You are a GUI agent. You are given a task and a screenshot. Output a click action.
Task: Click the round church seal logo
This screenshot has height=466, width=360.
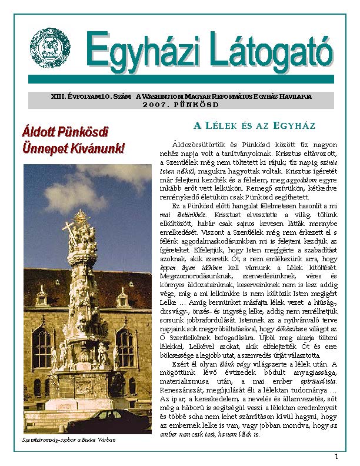(50, 48)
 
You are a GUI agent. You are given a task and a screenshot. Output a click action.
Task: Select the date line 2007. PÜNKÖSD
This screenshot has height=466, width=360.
(181, 104)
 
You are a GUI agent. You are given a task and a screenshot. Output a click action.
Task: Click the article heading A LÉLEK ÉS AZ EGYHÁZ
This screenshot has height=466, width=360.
(255, 126)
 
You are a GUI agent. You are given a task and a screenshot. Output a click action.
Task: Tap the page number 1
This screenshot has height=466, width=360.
(336, 457)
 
